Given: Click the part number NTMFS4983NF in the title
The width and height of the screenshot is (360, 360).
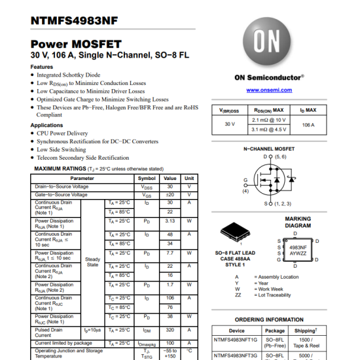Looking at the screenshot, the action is click(74, 20).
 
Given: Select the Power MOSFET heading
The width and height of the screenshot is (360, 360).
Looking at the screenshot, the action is click(76, 44).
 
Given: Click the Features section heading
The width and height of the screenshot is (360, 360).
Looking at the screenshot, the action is click(42, 67).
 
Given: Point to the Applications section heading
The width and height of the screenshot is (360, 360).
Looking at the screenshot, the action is click(47, 125).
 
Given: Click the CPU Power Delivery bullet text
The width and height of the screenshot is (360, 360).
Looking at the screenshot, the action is click(62, 133).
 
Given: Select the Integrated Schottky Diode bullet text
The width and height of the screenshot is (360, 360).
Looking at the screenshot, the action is click(69, 75).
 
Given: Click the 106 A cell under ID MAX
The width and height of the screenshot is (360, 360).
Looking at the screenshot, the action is click(308, 124).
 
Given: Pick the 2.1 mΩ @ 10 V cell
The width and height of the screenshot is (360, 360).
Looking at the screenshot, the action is click(268, 120).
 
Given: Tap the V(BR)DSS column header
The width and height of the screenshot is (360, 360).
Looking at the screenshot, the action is click(229, 111).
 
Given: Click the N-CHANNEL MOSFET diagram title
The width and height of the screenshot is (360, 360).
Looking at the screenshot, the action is click(268, 149).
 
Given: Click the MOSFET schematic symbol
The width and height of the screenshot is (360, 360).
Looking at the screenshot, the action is click(272, 180).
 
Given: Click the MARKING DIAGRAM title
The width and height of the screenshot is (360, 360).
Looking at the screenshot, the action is click(298, 223).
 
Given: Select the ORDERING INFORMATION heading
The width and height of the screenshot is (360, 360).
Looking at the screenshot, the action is click(268, 320).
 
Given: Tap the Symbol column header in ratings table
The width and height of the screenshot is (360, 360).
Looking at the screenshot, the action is click(147, 178).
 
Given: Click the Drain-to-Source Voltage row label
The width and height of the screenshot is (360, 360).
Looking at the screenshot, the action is click(62, 187).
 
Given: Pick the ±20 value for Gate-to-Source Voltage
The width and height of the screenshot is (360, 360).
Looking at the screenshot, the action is click(170, 194).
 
